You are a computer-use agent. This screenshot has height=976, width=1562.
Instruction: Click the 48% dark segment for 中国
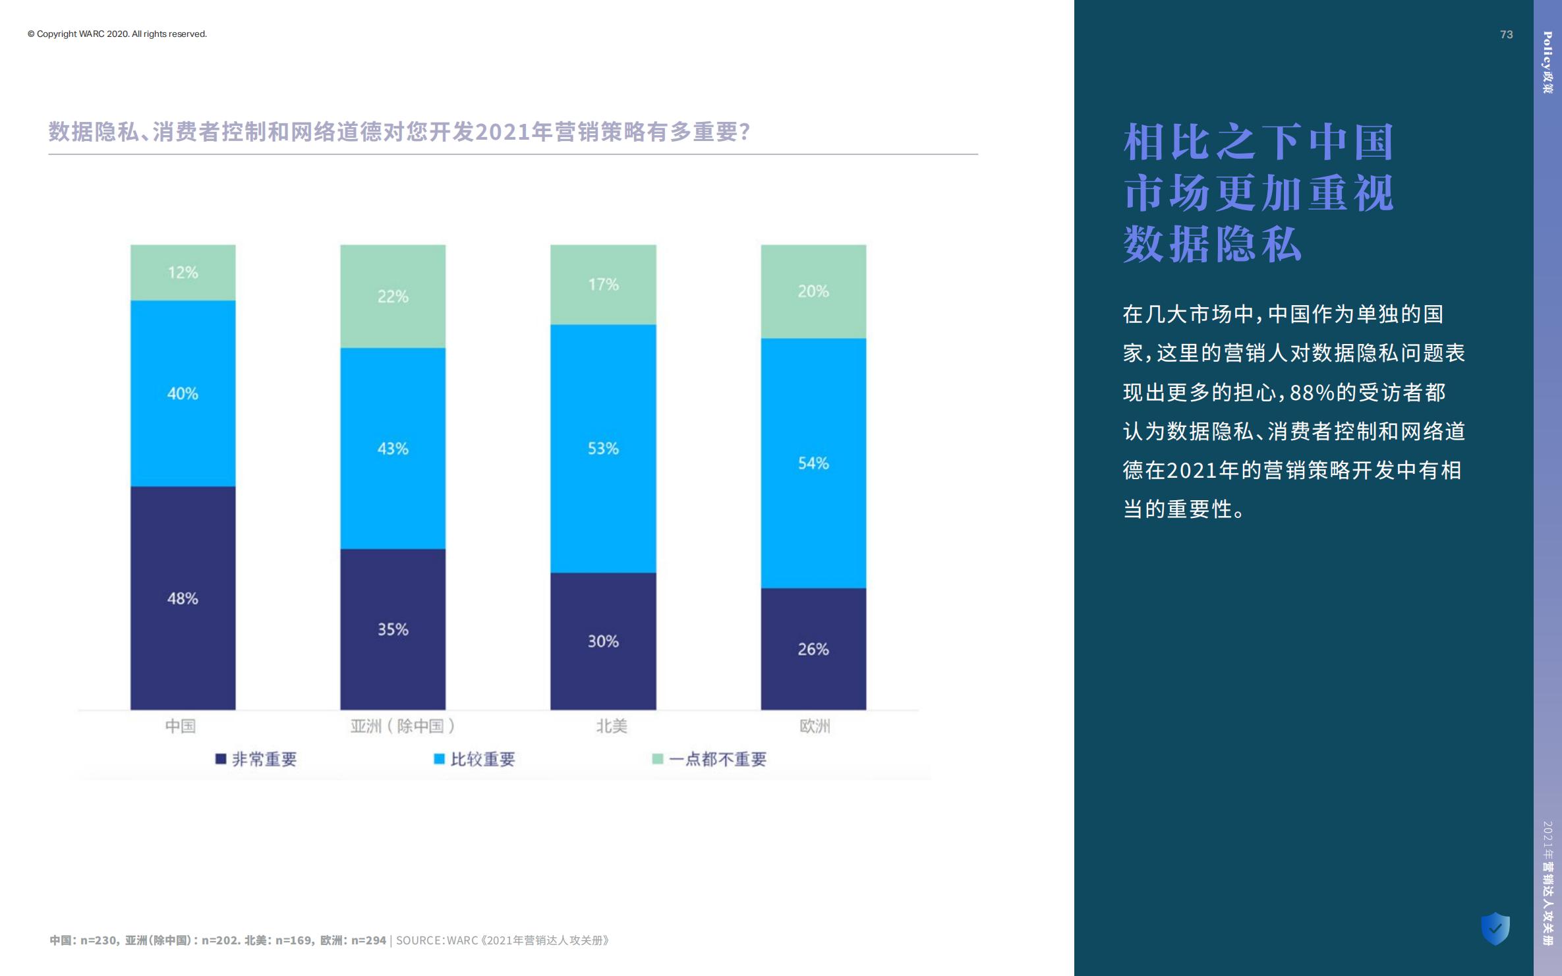click(183, 598)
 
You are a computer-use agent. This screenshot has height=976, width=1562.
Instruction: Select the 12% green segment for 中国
click(183, 272)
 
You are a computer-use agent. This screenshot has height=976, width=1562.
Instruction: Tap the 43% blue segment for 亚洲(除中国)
click(393, 448)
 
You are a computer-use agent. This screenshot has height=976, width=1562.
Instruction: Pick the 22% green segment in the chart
click(393, 296)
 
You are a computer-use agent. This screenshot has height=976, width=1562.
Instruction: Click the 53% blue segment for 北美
click(603, 448)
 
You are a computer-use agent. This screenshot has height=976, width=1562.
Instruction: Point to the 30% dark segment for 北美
click(603, 641)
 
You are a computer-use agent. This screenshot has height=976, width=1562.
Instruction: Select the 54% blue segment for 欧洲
click(813, 463)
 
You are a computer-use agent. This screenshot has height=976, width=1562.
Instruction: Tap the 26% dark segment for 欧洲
click(813, 648)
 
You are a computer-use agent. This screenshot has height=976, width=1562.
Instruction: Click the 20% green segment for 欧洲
click(813, 291)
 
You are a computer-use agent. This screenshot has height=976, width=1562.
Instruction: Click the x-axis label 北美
click(611, 726)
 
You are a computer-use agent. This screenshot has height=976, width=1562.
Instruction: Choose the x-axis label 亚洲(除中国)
click(402, 726)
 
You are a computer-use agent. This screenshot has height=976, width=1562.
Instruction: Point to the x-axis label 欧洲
click(815, 726)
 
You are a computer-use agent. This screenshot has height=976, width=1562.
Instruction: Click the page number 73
click(1506, 34)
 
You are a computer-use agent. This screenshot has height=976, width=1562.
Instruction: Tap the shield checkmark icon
click(1495, 928)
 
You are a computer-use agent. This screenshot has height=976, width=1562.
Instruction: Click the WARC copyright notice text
click(117, 34)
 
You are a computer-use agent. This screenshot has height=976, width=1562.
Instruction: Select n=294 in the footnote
click(368, 940)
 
